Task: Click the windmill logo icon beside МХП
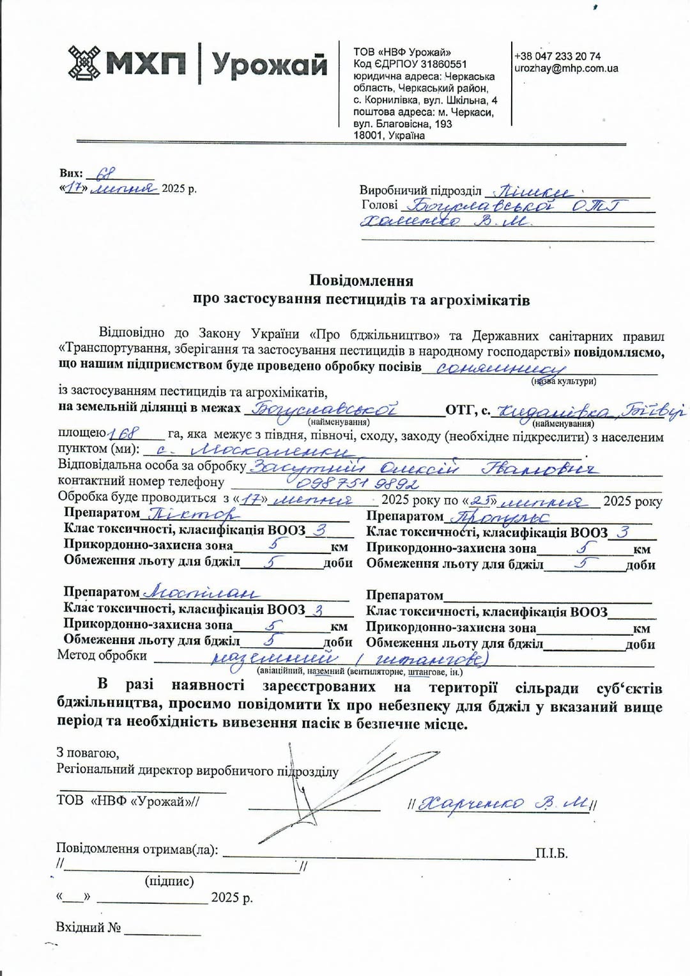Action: pyautogui.click(x=84, y=63)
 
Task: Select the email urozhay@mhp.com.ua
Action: pyautogui.click(x=566, y=68)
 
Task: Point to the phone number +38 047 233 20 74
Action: pyautogui.click(x=557, y=56)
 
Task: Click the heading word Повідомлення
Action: pyautogui.click(x=361, y=280)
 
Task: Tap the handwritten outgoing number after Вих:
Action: pyautogui.click(x=105, y=173)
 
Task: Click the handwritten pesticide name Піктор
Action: pyautogui.click(x=194, y=513)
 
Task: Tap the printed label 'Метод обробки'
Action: pyautogui.click(x=102, y=656)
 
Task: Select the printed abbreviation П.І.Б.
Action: pyautogui.click(x=551, y=854)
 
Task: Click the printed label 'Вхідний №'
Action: pyautogui.click(x=88, y=927)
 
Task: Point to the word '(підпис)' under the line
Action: pyautogui.click(x=169, y=881)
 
